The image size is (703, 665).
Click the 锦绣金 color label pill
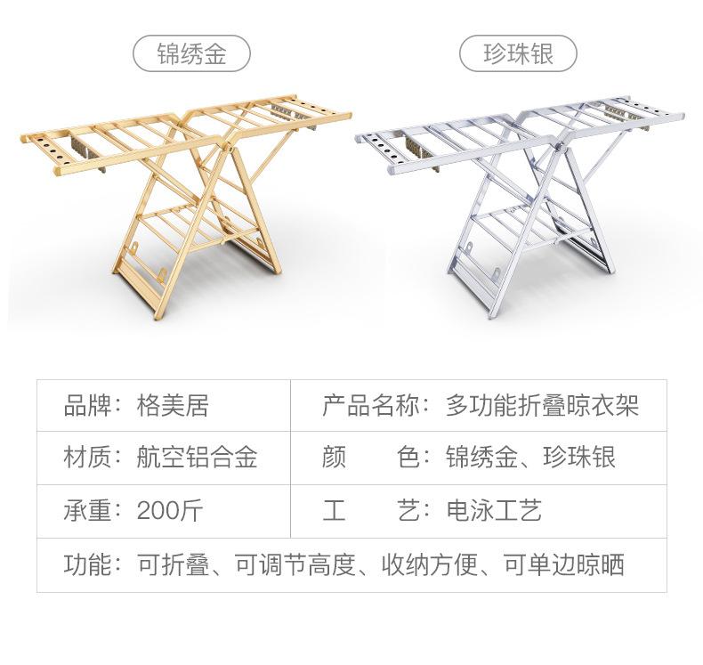191,54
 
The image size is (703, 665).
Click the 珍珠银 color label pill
519,54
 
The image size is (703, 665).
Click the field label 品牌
87,408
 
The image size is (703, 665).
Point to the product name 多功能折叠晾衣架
542,408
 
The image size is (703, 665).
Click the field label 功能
87,564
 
